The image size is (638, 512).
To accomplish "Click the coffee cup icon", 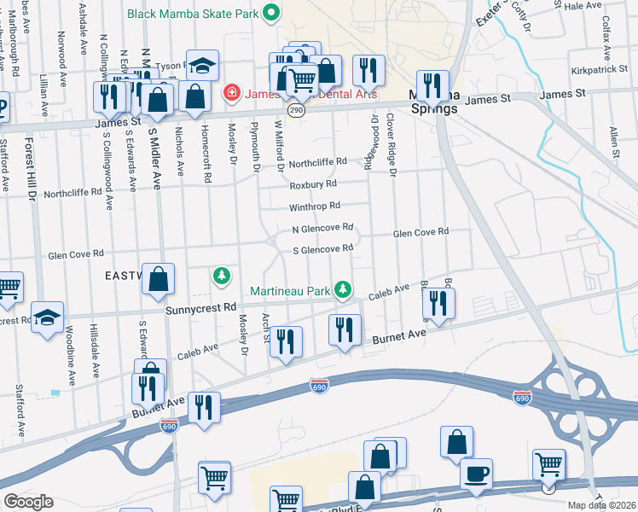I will click(x=476, y=471).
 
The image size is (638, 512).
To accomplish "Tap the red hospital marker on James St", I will click(x=229, y=93).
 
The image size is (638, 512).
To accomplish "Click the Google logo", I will click(x=28, y=501).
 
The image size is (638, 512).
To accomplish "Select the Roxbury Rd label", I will click(x=313, y=183).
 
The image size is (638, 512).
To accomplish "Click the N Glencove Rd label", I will click(x=322, y=228).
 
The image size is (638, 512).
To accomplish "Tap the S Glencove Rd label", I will click(x=322, y=248).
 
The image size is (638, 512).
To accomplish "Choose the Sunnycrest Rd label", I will click(x=200, y=307).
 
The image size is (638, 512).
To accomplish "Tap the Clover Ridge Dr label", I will click(x=393, y=145).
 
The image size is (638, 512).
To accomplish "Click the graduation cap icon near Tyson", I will click(x=202, y=65).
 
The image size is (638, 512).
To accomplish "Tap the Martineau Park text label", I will click(x=289, y=291).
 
